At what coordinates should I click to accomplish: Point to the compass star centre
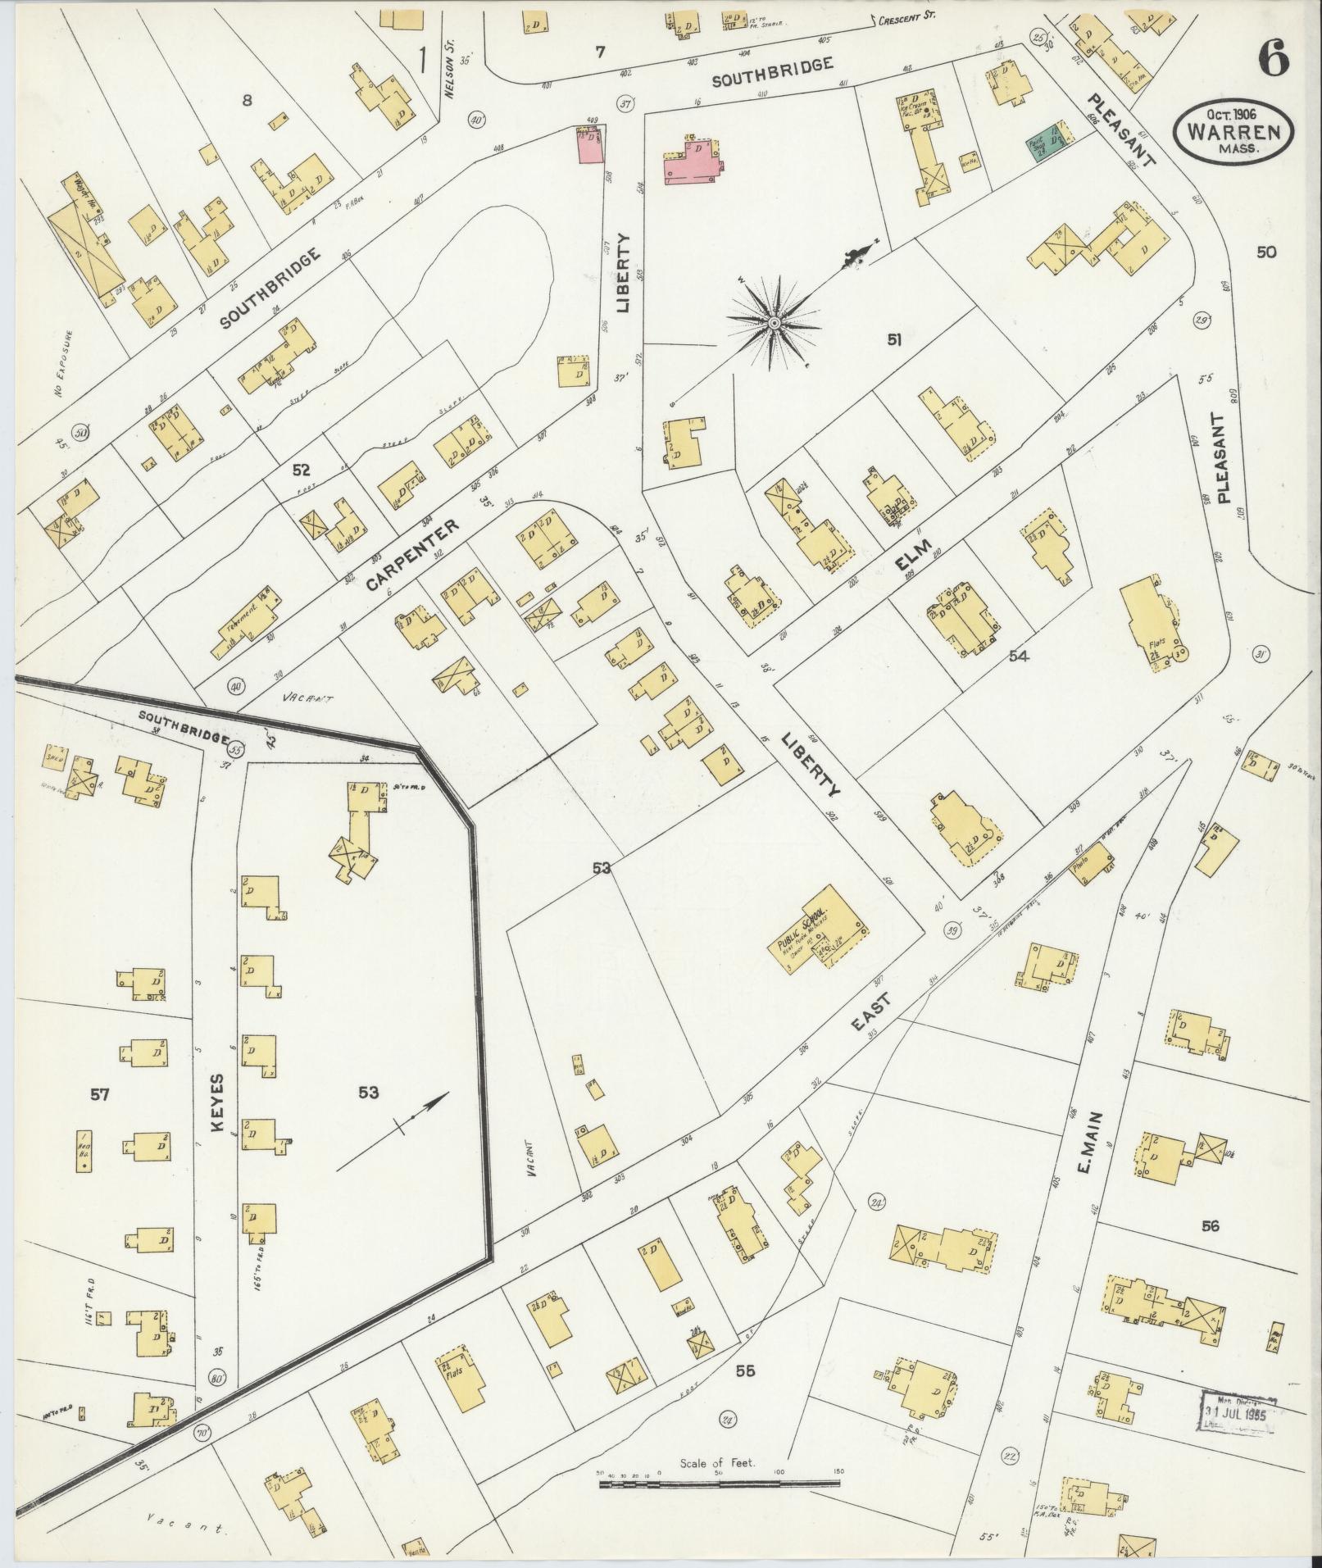(773, 325)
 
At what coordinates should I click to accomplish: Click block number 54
(1019, 656)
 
